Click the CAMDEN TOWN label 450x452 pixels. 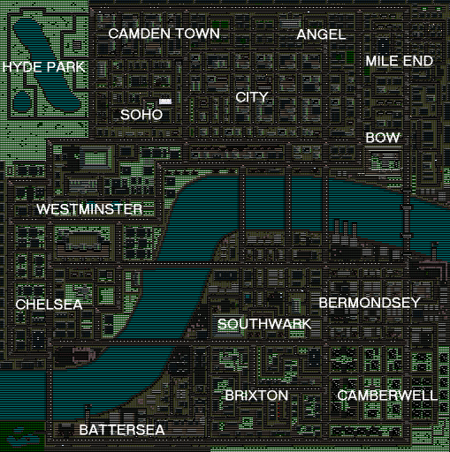click(164, 34)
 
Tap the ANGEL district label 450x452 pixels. click(321, 34)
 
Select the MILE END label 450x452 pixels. click(400, 61)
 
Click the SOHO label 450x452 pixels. click(141, 115)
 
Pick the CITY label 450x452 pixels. click(252, 97)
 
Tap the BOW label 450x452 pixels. click(383, 139)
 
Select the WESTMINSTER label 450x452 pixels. click(89, 209)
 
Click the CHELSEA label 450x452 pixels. click(49, 305)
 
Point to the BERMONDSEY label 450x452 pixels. click(369, 303)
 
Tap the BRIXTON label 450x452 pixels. click(256, 395)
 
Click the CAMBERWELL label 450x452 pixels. click(387, 395)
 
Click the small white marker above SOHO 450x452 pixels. click(165, 102)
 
